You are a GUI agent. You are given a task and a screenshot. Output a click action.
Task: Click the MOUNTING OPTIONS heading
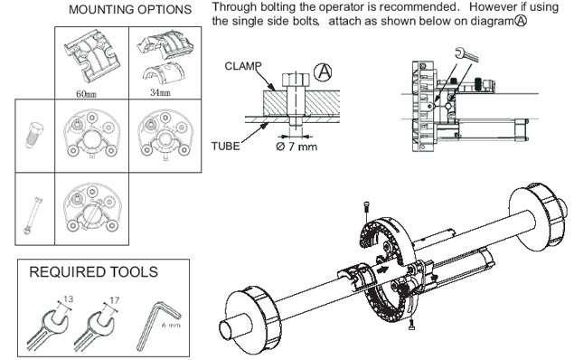point(130,10)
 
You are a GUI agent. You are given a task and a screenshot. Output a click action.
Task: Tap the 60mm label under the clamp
point(86,94)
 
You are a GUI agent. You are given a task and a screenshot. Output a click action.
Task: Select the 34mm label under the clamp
point(160,92)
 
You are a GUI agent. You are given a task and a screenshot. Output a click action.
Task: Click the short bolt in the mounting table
point(34,135)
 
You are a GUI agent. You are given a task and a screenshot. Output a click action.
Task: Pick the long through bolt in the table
point(33,215)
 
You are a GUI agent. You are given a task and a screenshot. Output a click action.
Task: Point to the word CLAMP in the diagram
point(243,66)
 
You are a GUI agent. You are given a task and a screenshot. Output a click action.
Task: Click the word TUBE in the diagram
point(225,147)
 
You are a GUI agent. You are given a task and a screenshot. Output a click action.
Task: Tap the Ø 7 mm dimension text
point(296,147)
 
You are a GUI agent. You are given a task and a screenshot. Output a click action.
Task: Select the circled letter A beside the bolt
point(323,71)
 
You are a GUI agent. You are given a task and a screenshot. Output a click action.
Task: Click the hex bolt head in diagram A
point(296,80)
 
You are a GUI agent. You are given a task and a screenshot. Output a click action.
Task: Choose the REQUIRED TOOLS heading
point(93,271)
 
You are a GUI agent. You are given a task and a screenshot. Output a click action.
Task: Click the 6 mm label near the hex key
point(171,325)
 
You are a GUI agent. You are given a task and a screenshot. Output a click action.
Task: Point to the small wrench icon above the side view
point(466,53)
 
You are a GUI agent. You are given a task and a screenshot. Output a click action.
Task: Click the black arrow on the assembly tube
point(382,270)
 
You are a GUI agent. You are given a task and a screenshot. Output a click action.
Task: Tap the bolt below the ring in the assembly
point(411,325)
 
